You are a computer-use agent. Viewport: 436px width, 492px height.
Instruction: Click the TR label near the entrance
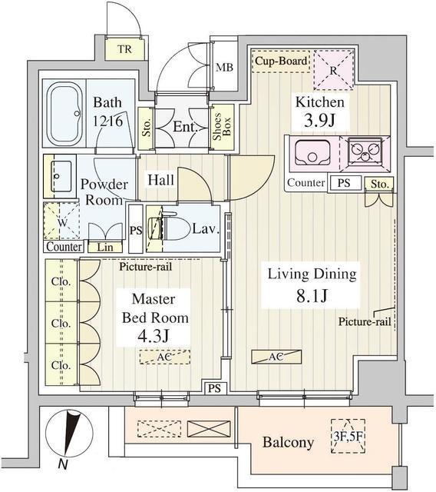tap(124, 50)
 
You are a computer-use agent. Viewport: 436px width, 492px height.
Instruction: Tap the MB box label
tap(225, 67)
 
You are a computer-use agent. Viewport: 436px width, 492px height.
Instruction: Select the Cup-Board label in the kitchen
tap(282, 61)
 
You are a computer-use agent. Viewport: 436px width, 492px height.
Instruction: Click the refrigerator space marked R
tap(333, 70)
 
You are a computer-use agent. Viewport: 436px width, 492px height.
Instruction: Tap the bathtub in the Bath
tap(68, 113)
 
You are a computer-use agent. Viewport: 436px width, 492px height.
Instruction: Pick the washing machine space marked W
tap(61, 221)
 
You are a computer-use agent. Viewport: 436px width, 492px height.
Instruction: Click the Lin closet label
tap(104, 247)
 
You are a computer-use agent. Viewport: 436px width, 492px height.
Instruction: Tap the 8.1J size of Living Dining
tap(312, 294)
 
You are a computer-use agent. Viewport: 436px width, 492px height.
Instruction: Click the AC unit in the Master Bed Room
tap(165, 357)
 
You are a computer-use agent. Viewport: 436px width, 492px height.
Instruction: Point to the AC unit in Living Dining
tap(276, 357)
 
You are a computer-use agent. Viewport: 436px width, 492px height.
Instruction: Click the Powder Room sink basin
tap(61, 175)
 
